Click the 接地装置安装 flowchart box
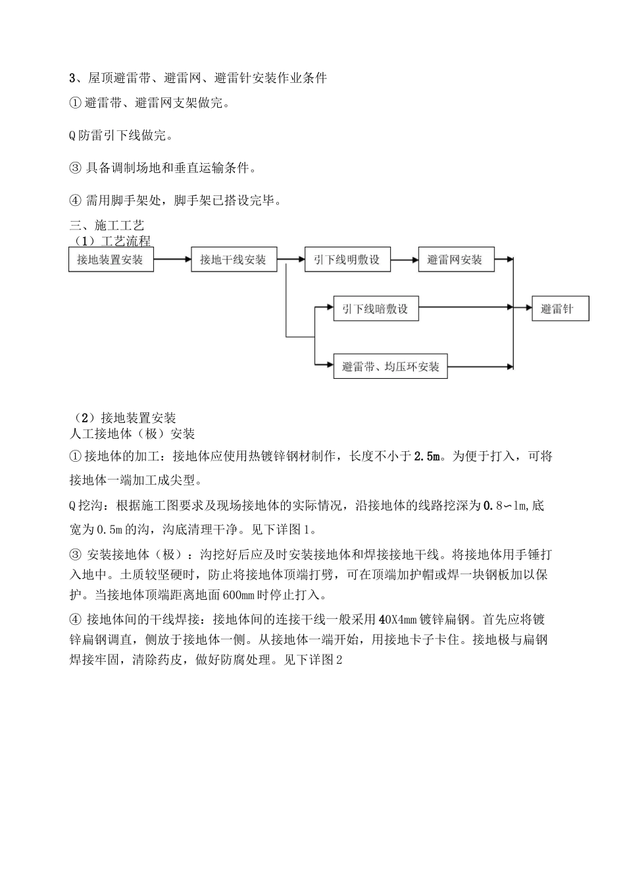[x=111, y=260]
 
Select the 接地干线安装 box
[x=234, y=260]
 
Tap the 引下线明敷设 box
[x=347, y=260]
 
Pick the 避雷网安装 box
[x=455, y=260]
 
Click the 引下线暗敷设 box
[x=375, y=309]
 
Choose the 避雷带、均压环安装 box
[x=391, y=366]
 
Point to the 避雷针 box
[x=560, y=309]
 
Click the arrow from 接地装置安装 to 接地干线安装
[x=172, y=259]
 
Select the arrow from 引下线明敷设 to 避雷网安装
[x=404, y=259]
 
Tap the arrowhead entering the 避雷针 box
[x=528, y=307]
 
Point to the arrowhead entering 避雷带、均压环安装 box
[x=330, y=364]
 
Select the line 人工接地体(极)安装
[x=132, y=434]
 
